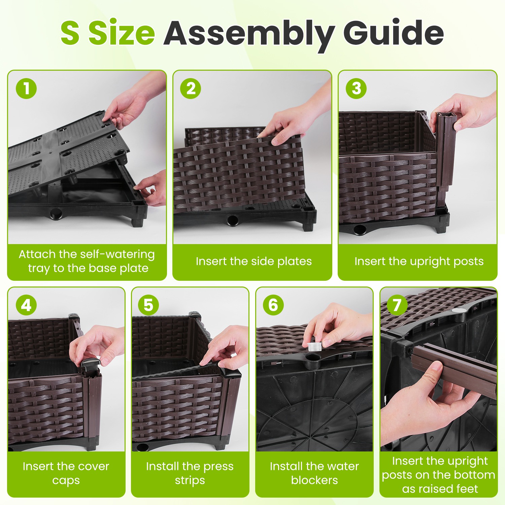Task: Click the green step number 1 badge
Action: (26, 89)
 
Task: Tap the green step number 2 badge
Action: (191, 89)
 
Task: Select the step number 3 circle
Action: (356, 89)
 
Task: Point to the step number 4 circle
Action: (26, 305)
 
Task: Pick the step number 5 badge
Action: (148, 305)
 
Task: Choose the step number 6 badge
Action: (273, 305)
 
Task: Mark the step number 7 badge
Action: (397, 305)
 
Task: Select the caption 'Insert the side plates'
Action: (254, 261)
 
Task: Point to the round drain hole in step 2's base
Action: (232, 221)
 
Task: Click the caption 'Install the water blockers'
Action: (314, 473)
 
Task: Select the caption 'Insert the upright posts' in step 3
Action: (419, 261)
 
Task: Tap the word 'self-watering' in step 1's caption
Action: (116, 254)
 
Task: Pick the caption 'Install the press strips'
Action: (190, 473)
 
